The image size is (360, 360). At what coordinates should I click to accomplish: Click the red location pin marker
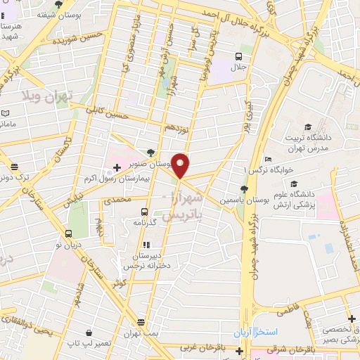point(181,165)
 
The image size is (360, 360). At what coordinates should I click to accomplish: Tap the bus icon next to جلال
point(239,57)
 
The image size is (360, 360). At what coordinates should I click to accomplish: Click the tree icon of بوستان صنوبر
point(151,152)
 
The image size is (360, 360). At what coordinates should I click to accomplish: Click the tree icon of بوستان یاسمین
point(243,188)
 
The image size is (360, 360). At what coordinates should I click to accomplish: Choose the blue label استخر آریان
point(257,330)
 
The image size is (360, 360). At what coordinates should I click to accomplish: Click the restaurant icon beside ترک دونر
point(14,167)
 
